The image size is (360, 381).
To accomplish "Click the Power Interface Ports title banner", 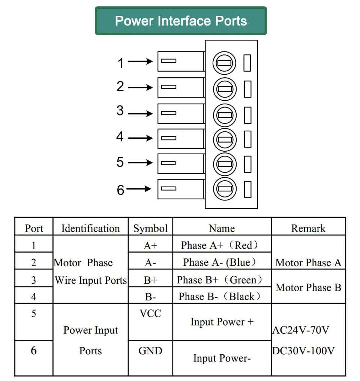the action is click(x=181, y=21).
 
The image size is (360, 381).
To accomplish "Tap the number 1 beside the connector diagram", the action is click(x=120, y=63).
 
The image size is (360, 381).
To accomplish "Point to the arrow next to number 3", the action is click(x=140, y=113).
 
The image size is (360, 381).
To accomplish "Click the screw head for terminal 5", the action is click(x=225, y=164).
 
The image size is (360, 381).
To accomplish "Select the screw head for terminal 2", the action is click(x=225, y=89).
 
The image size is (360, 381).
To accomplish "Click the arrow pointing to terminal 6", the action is click(x=139, y=188).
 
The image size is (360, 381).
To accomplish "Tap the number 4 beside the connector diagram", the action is click(x=120, y=137).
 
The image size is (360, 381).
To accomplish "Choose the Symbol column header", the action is click(x=150, y=228).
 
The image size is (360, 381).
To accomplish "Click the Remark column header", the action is click(x=308, y=228).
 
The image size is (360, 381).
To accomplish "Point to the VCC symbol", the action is click(x=150, y=313).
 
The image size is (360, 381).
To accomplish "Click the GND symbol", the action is click(x=150, y=351).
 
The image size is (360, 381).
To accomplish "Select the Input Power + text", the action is click(x=222, y=322).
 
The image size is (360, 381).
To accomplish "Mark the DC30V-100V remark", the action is click(x=303, y=351).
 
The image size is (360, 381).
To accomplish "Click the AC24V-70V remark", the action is click(x=301, y=330).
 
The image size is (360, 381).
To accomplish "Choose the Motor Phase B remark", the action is click(x=309, y=288).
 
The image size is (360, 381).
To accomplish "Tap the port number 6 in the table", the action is click(x=34, y=350).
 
